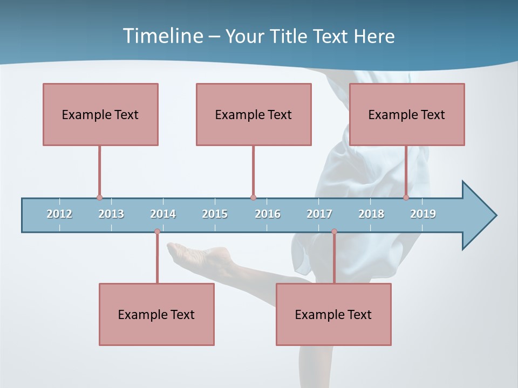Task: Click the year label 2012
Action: tap(59, 214)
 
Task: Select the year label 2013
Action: tap(111, 214)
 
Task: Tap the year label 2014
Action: tap(163, 214)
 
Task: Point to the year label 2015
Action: tap(215, 214)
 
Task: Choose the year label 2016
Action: tap(268, 214)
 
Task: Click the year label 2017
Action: tap(319, 214)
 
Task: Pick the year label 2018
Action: tap(371, 214)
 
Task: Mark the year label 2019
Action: tap(423, 214)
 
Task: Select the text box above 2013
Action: tap(100, 114)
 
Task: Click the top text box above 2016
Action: tap(254, 114)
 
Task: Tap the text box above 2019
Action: tap(407, 114)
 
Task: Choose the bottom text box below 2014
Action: tap(156, 314)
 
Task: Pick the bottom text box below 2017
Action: tap(333, 314)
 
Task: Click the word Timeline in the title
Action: tap(162, 36)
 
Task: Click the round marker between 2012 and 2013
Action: tap(99, 197)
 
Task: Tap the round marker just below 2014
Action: tap(157, 232)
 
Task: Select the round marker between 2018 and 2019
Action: tap(406, 197)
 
